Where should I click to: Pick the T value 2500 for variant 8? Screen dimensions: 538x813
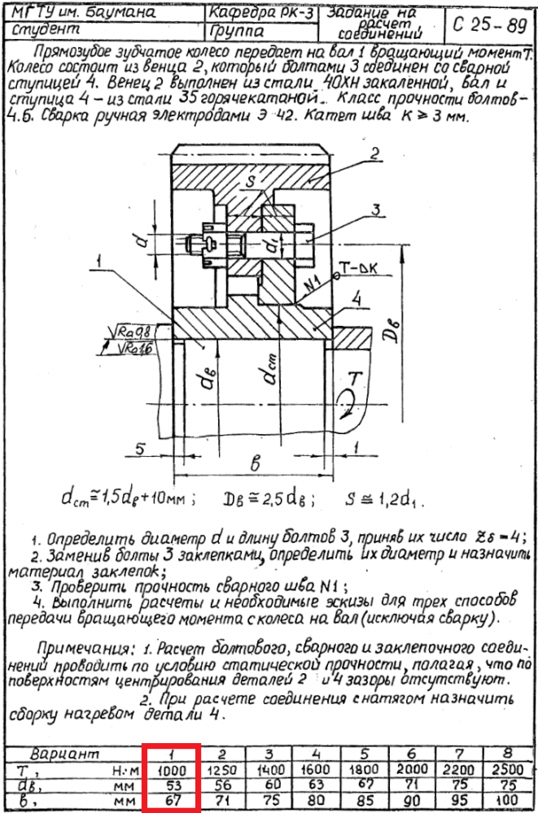(508, 768)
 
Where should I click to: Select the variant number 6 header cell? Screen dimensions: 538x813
(413, 754)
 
